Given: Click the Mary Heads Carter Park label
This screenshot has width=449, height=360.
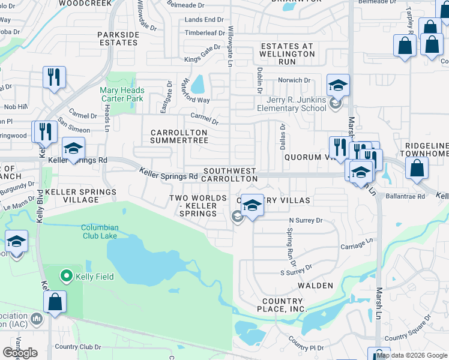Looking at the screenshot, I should pos(121,94).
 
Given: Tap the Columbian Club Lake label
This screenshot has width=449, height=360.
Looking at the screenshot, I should pos(100,232).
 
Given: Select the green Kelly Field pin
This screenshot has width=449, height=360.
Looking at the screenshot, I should pos(67,276).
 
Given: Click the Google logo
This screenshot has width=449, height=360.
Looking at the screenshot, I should pos(20,352).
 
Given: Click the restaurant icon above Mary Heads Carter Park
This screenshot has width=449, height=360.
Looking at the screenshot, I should pos(54,77).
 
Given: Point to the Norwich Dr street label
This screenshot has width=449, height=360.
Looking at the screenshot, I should pos(294,80).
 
